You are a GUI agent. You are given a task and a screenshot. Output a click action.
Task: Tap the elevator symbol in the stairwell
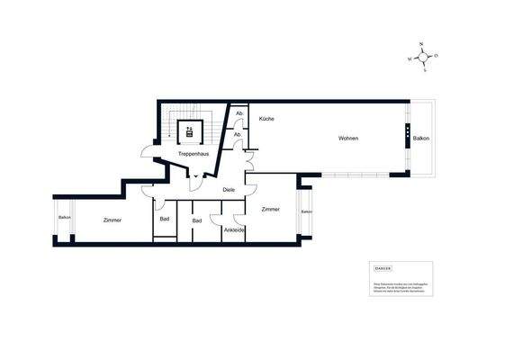189,133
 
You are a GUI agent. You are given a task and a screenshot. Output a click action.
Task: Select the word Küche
266,120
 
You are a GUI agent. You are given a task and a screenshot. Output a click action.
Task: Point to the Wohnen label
348,139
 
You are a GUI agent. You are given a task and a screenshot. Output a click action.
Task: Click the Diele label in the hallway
229,190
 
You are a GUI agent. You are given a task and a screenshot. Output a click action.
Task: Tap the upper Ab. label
239,113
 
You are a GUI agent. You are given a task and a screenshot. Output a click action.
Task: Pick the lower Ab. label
238,134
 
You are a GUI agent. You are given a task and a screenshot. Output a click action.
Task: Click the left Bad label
165,220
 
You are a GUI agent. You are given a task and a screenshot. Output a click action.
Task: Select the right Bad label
196,220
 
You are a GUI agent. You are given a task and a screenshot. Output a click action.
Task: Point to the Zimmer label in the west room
113,220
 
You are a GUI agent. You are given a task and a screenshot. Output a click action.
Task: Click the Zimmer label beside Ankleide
270,209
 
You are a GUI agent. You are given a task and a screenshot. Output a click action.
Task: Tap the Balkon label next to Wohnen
420,139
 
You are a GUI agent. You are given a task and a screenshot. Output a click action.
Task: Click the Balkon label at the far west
65,218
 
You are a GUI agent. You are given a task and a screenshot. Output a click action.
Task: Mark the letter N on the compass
421,43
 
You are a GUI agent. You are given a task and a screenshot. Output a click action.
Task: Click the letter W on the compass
410,59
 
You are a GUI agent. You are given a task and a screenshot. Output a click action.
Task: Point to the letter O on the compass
436,55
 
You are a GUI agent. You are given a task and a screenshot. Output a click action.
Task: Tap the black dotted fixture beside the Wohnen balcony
406,139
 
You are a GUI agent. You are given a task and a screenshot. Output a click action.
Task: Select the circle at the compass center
423,57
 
